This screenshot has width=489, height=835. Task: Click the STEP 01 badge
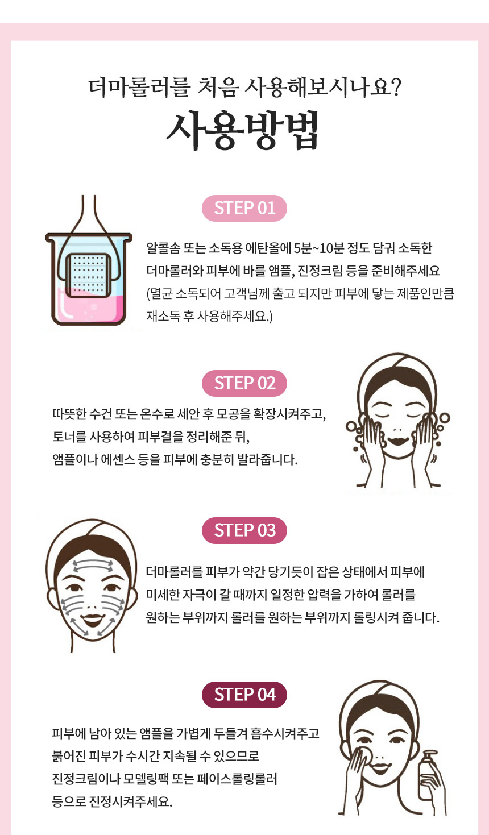point(244,208)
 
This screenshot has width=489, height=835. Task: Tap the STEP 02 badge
point(244,383)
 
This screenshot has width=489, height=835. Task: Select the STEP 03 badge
point(244,530)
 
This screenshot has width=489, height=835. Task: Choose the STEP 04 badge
point(244,695)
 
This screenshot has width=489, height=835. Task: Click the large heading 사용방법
point(243,130)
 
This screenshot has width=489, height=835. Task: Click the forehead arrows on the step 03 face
point(93,566)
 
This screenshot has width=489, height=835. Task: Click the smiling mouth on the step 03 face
point(92,620)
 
